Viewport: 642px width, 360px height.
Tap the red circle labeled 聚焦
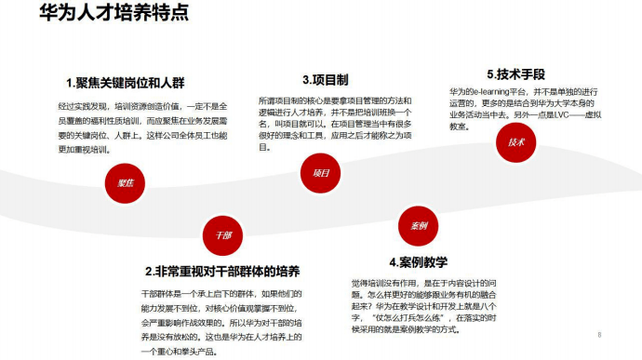(x=126, y=183)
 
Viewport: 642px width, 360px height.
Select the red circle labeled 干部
(x=222, y=234)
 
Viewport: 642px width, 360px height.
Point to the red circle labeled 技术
(x=516, y=142)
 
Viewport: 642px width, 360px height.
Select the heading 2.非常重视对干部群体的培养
(x=222, y=272)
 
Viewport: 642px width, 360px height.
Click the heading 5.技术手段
(x=515, y=73)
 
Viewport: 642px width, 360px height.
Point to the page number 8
(x=600, y=334)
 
